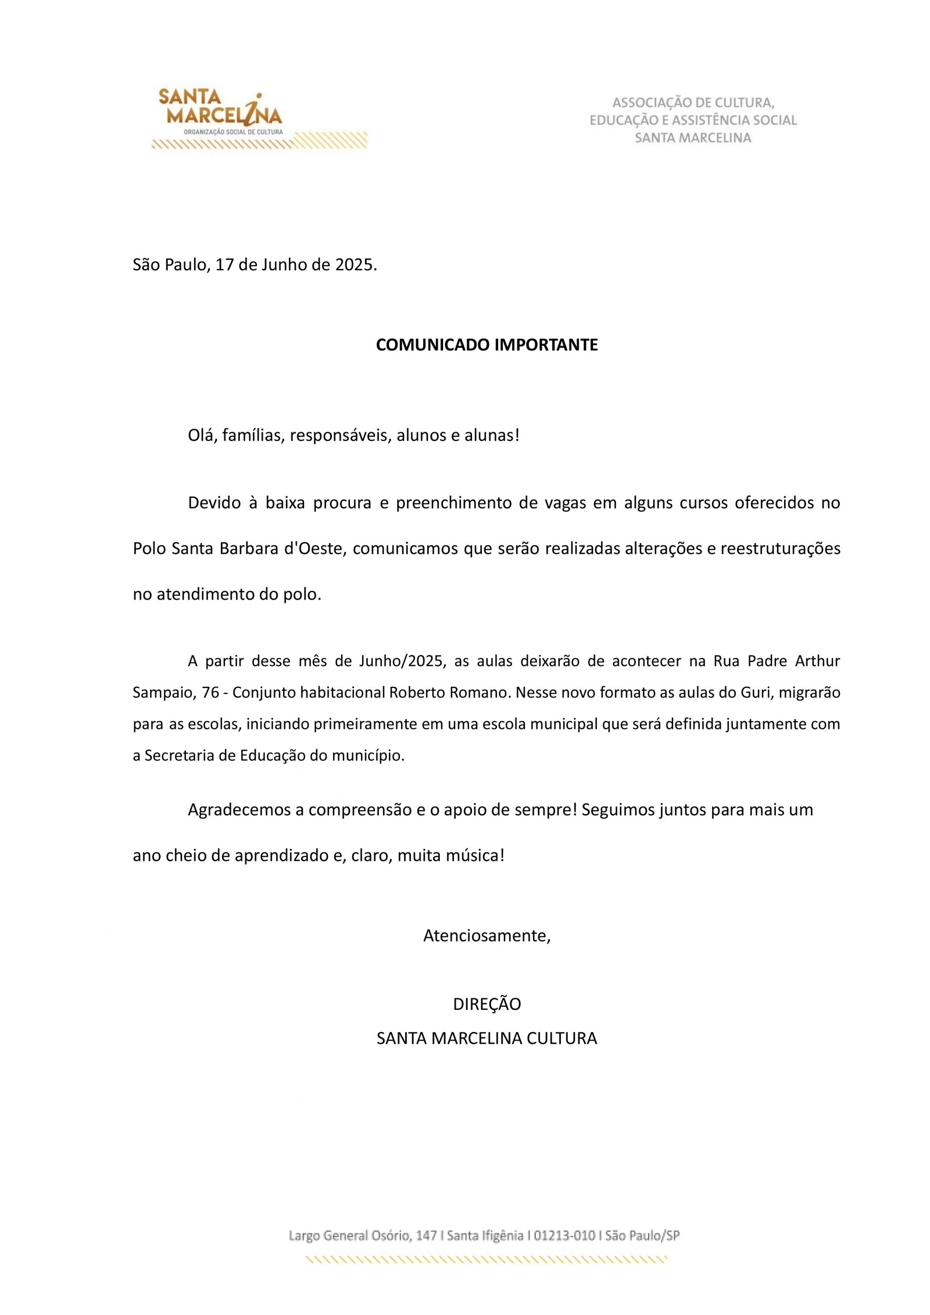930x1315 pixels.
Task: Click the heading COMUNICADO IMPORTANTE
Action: coord(486,345)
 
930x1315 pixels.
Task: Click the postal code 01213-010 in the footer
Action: coord(564,1236)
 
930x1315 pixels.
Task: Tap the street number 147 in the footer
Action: coord(427,1236)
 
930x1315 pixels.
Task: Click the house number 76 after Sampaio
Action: coord(210,693)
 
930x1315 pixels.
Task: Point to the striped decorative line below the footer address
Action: coord(486,1260)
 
